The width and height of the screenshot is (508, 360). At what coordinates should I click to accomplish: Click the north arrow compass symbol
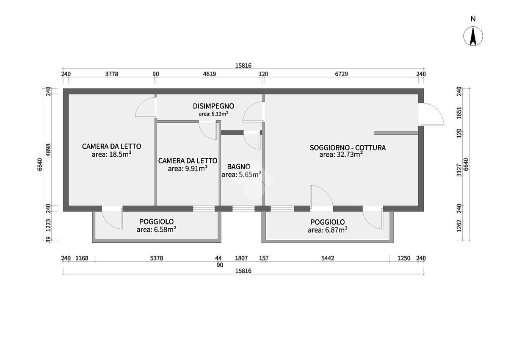coord(473,36)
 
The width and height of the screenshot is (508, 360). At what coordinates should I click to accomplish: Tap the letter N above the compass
coord(473,19)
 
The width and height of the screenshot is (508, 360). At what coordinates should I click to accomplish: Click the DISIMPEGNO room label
coord(213,106)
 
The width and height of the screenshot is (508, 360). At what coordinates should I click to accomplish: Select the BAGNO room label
coord(239,167)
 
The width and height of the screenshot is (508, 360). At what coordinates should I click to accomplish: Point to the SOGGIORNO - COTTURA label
coord(348,148)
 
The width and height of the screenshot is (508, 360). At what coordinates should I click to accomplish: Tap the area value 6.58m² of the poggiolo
coord(165,229)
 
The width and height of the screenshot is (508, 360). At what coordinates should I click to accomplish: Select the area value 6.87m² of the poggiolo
coord(336,230)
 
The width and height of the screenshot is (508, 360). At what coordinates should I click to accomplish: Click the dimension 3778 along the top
coord(112,74)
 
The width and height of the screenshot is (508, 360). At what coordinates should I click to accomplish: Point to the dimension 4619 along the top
coord(209,74)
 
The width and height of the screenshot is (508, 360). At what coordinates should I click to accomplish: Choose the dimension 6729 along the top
coord(341,74)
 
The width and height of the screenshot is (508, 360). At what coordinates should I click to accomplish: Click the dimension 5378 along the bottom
coord(157,258)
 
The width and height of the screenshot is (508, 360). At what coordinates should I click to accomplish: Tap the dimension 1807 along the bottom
coord(241,258)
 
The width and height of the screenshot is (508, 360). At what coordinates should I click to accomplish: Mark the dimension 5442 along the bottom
coord(328,258)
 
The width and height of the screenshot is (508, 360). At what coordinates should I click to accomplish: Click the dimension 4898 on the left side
coord(48,150)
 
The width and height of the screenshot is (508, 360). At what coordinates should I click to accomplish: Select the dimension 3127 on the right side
coord(459,170)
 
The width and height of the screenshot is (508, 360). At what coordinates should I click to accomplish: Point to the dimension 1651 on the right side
coord(459,113)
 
